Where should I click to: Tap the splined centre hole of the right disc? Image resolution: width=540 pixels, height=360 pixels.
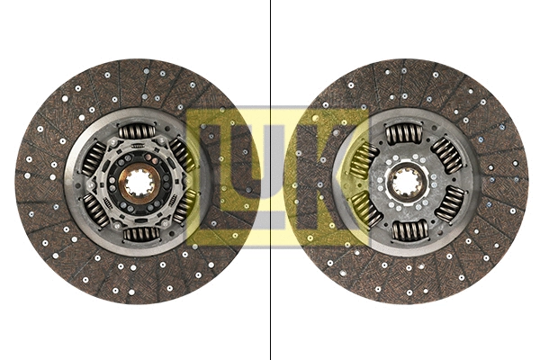pyautogui.click(x=405, y=184)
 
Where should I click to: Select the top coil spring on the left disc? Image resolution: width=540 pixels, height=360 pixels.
pyautogui.click(x=138, y=131)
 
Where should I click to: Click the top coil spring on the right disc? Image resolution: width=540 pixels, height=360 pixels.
pyautogui.click(x=405, y=134)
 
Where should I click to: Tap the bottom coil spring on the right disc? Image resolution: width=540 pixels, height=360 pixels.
pyautogui.click(x=406, y=231)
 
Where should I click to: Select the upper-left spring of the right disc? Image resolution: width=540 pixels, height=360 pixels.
pyautogui.click(x=363, y=159)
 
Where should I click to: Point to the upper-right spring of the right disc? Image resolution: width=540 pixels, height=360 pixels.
pyautogui.click(x=447, y=157)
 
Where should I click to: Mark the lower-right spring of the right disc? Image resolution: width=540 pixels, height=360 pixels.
pyautogui.click(x=449, y=205)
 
